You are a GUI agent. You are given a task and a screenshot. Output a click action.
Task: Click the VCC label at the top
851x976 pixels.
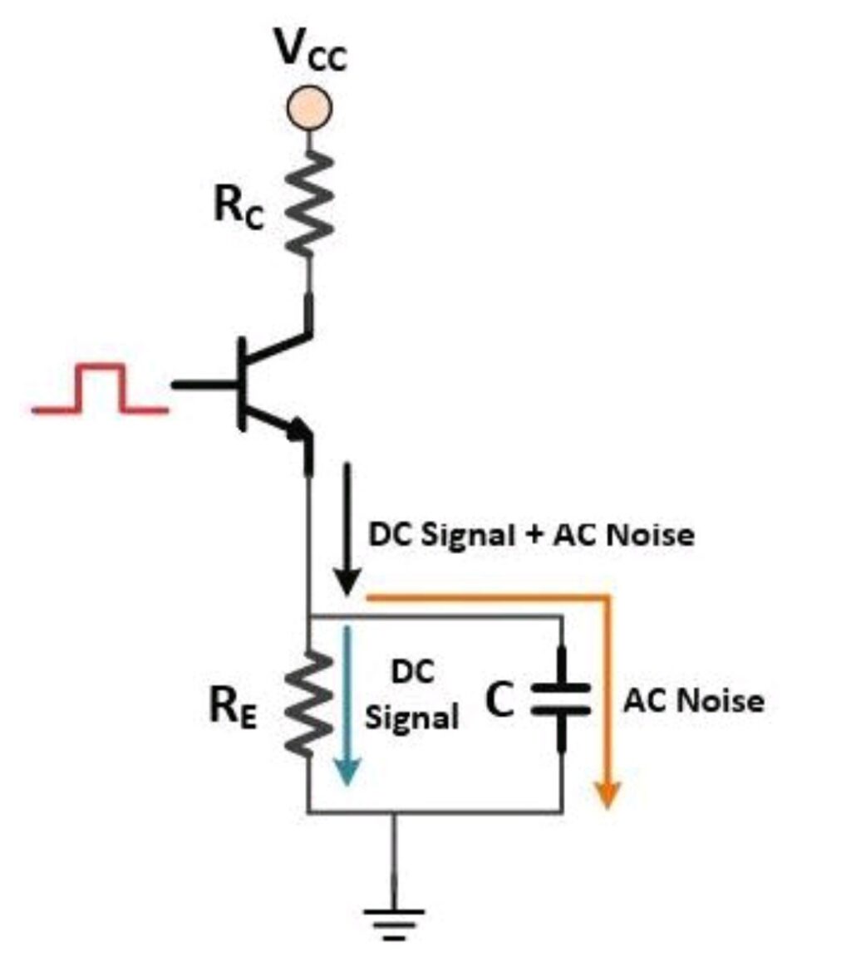coord(311,51)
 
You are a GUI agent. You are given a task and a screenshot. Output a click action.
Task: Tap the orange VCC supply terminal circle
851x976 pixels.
coord(309,107)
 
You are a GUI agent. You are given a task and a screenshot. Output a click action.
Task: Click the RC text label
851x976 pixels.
coord(239,208)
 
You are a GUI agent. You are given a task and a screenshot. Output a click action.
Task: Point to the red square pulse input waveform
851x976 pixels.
coord(100,390)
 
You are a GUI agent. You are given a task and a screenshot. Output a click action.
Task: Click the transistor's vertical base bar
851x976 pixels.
coord(242,384)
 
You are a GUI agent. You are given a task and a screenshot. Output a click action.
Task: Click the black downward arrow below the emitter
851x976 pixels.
coord(347,532)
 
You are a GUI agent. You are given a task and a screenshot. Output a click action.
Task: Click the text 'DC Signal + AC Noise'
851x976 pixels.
coord(531,535)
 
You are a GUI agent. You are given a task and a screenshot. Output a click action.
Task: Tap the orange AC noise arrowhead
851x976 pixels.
coord(608,793)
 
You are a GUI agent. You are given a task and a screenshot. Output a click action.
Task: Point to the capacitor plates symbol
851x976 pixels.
coord(562,700)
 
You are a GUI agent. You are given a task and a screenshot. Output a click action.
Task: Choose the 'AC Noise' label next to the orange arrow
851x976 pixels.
coord(693,702)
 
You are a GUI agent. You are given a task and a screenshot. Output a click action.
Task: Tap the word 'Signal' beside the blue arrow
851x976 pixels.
coord(412,717)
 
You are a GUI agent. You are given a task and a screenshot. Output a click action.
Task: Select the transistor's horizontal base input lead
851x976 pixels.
coord(204,385)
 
